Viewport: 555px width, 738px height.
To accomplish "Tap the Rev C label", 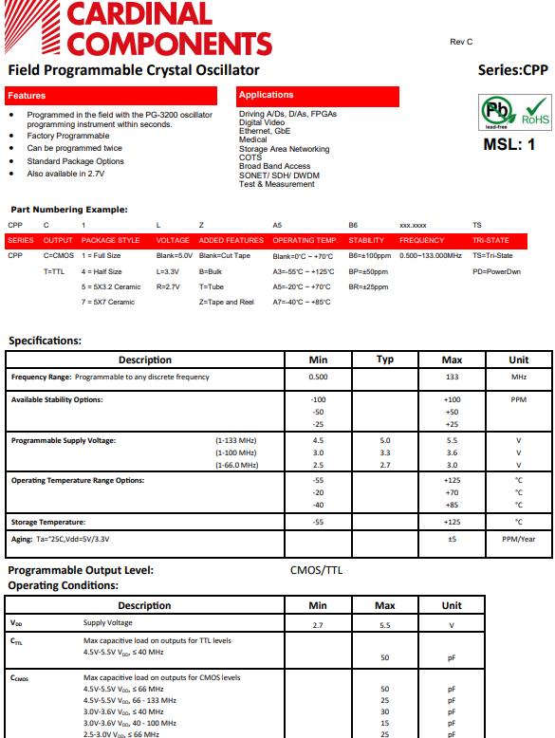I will point(461,43).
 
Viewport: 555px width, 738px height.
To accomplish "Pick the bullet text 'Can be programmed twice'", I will point(74,148).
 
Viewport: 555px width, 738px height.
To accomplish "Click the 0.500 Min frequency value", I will point(318,378).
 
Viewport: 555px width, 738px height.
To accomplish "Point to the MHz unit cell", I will point(518,378).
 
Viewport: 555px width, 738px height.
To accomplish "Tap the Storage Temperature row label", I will point(48,522).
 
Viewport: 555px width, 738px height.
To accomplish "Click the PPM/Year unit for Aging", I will point(518,539).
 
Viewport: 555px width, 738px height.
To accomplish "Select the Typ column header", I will point(385,360).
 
